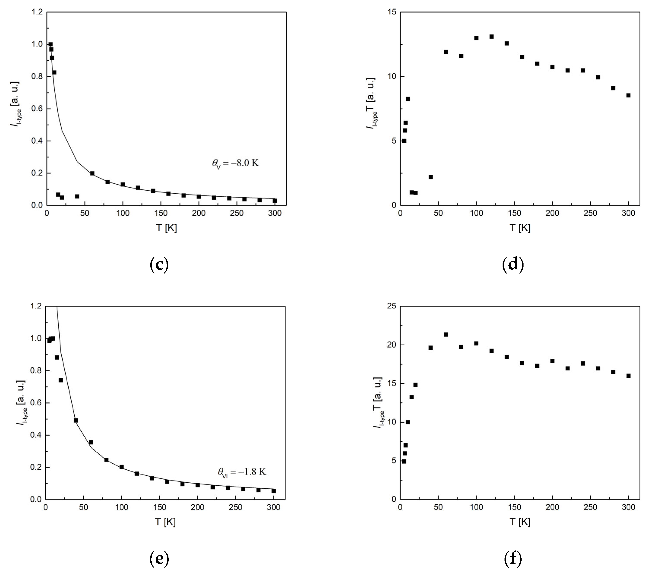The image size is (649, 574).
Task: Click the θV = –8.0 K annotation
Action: (235, 164)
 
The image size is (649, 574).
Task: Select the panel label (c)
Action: (159, 264)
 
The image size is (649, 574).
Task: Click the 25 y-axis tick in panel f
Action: (392, 306)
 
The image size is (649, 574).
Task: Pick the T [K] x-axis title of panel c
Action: (166, 228)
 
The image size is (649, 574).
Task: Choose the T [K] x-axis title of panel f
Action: (520, 522)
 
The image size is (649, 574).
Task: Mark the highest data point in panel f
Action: (446, 334)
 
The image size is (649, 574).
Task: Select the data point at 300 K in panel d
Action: (628, 95)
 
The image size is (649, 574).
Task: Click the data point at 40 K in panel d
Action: (431, 177)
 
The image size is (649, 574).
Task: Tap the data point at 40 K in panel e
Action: (76, 421)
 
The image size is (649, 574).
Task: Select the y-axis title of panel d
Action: (371, 103)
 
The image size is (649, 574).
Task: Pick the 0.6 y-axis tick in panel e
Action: (37, 403)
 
